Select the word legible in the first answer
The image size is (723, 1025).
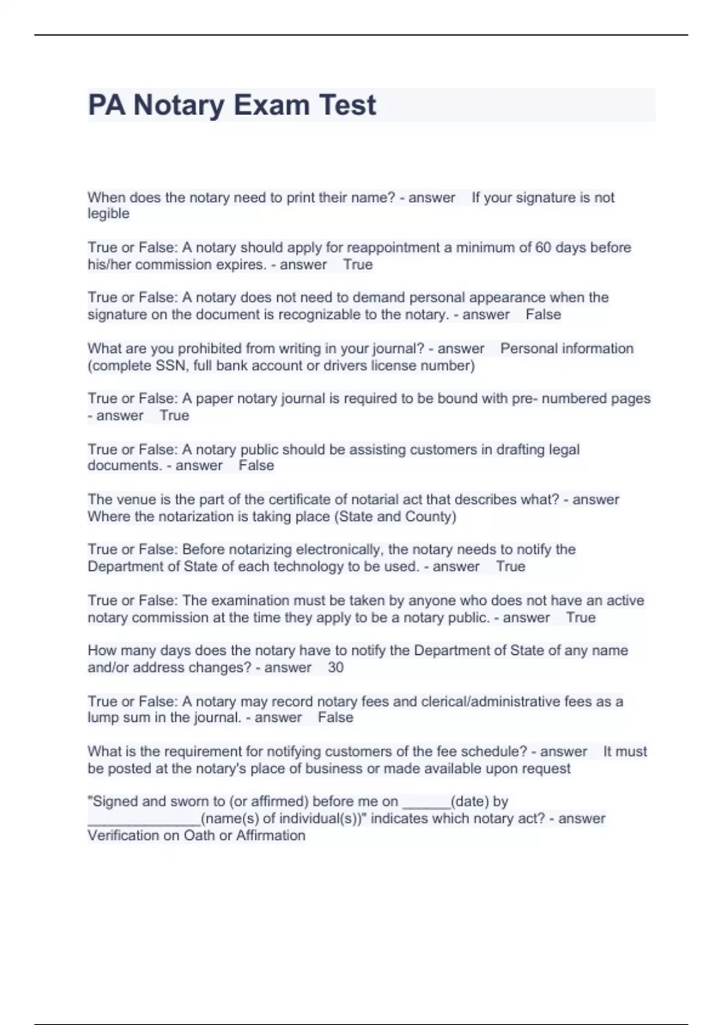click(x=108, y=213)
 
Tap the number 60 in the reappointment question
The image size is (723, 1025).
click(x=543, y=247)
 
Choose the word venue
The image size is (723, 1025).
click(x=132, y=499)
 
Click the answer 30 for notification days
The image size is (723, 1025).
click(x=336, y=667)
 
